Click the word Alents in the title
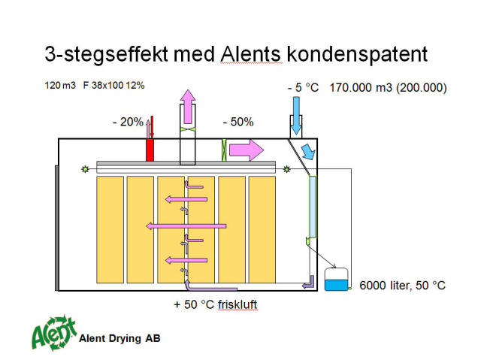pos(250,54)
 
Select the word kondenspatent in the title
pos(357,56)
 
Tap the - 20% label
pos(128,122)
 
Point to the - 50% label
pos(238,122)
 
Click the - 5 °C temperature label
pos(303,88)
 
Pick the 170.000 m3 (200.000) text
pos(388,88)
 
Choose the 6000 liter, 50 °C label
pos(402,286)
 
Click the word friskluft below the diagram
pos(237,304)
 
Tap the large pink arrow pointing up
pos(188,107)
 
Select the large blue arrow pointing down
pos(296,116)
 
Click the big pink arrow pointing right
pos(247,150)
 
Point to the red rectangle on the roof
pos(150,150)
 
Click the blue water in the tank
pos(336,285)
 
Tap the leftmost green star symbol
pos(85,169)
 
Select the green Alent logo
pos(54,334)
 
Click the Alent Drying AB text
pos(119,338)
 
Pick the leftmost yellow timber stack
pos(110,230)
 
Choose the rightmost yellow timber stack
pos(262,230)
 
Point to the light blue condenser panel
pos(313,207)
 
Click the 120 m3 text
pos(60,85)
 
